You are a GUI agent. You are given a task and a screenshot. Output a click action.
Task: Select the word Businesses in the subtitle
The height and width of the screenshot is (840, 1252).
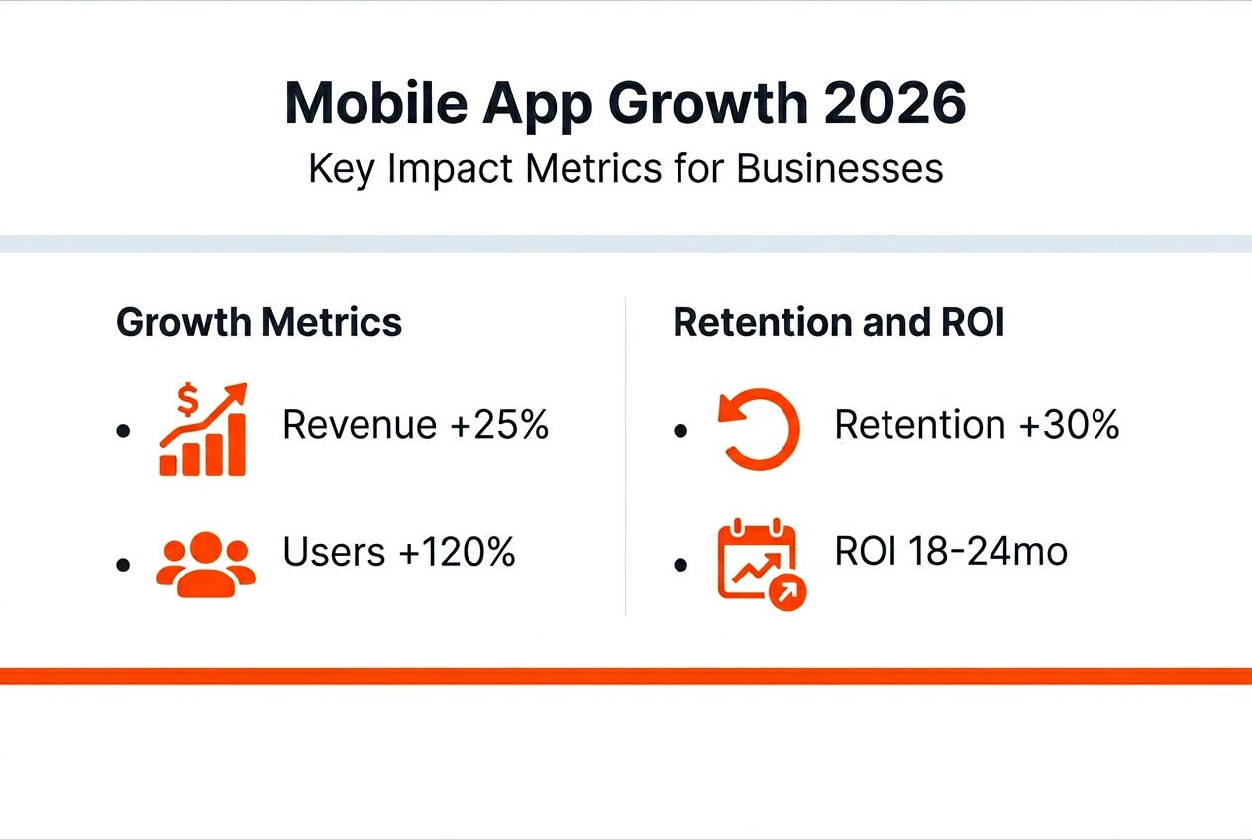(x=840, y=169)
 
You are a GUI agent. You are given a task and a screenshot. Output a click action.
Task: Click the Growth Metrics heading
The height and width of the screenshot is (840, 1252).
(x=260, y=323)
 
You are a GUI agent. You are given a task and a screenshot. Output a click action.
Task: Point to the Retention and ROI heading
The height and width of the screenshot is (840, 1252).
(x=839, y=323)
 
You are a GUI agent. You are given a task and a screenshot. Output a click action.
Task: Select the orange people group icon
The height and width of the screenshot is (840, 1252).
(x=206, y=564)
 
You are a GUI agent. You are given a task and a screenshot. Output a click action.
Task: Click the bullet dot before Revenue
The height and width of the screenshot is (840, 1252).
(x=123, y=431)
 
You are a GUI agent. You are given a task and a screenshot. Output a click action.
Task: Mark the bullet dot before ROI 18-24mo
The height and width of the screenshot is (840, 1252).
(x=679, y=564)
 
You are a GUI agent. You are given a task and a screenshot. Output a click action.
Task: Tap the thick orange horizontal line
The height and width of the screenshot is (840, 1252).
(x=626, y=676)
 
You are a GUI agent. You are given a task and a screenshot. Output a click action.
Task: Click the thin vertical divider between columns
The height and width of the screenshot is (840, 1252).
(x=626, y=456)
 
